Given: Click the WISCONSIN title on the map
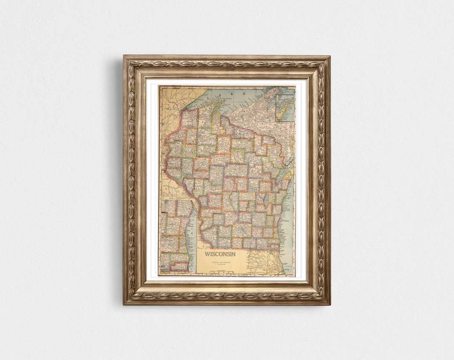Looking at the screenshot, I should [x=220, y=254].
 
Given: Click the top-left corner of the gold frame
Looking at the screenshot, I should [x=124, y=56].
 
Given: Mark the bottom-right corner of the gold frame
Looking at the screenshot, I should [x=330, y=304].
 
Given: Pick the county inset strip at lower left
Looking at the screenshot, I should [x=174, y=236].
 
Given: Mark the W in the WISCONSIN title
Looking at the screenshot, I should [x=207, y=254].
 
